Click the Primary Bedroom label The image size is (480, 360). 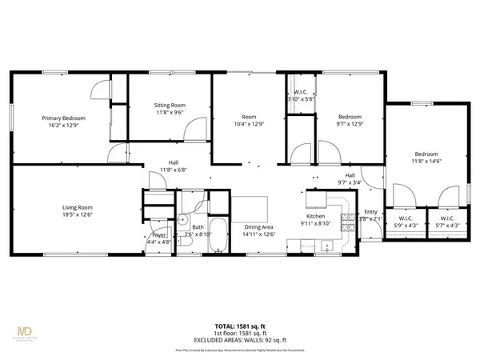[x=63, y=118]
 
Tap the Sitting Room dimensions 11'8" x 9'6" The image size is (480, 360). [x=169, y=113]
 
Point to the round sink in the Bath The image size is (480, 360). [x=182, y=218]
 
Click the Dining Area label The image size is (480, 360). [x=258, y=227]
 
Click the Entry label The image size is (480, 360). [x=370, y=212]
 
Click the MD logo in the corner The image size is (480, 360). [x=26, y=329]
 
